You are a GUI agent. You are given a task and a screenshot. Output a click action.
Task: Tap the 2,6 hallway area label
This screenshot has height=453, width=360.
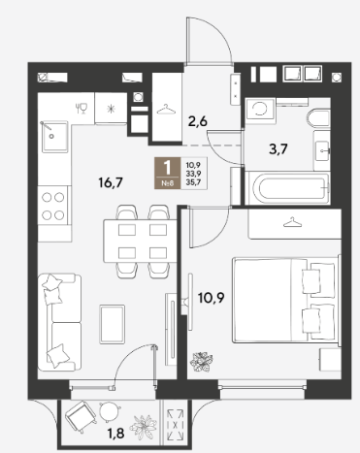point(197,121)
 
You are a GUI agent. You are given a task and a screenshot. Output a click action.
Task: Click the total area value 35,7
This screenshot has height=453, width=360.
point(194,180)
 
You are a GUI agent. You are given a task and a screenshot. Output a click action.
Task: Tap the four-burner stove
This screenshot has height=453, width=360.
point(52,207)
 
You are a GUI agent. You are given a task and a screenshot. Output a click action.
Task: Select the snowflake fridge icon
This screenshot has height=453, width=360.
point(111,108)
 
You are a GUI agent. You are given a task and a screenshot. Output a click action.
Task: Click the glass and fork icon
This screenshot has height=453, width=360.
point(82,108)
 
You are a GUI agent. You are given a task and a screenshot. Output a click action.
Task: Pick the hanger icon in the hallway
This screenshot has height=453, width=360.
point(167,109)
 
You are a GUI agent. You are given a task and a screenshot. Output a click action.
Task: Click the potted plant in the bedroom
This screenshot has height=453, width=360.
point(202,362)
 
